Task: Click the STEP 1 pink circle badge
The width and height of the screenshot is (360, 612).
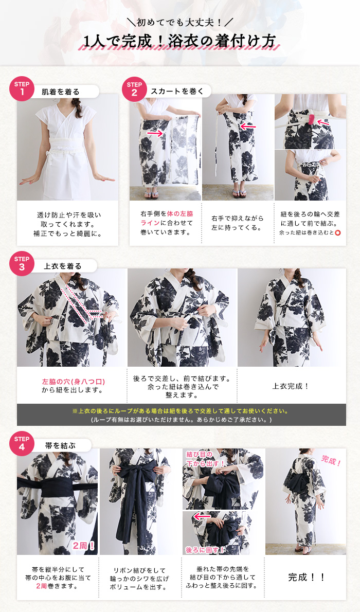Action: tap(22, 88)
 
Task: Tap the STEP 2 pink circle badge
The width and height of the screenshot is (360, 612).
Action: tap(134, 88)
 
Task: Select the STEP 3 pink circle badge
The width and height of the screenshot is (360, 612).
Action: tap(22, 263)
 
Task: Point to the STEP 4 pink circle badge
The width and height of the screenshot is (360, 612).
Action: tap(22, 443)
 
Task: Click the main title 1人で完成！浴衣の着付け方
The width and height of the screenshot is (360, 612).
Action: tap(180, 41)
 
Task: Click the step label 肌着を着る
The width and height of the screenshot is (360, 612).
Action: tap(61, 92)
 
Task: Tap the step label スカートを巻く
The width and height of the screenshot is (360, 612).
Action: tap(177, 92)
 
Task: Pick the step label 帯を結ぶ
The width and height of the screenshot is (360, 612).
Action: tap(60, 445)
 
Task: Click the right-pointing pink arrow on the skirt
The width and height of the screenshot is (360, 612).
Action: tap(155, 134)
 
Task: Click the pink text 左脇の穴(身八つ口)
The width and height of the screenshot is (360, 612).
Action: tap(74, 382)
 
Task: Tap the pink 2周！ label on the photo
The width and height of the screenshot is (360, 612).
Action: tap(83, 545)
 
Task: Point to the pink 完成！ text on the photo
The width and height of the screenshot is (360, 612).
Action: tap(331, 461)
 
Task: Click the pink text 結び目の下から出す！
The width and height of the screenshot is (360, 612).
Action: tap(205, 459)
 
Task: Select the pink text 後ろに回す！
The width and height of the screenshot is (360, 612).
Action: tap(205, 550)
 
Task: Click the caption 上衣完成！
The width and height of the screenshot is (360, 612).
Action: tap(291, 386)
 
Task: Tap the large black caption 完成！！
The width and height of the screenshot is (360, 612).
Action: tap(307, 577)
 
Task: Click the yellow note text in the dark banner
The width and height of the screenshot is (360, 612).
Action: tap(181, 411)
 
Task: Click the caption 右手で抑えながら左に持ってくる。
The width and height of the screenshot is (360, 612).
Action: tap(238, 223)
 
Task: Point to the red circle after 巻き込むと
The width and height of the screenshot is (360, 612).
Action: tap(338, 232)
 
